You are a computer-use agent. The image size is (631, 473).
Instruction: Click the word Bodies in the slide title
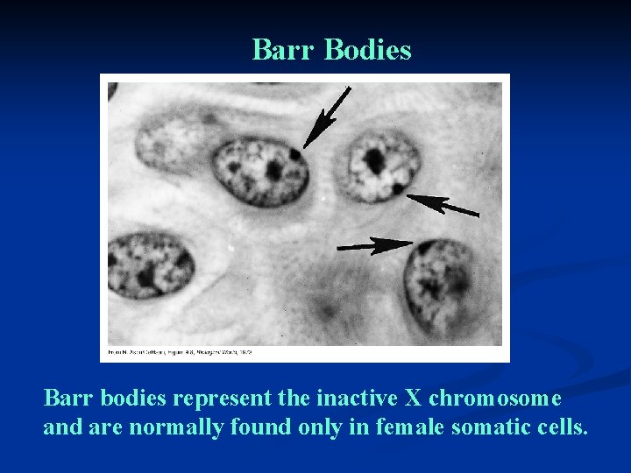coord(367,51)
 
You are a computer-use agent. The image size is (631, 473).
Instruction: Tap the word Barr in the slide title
coord(284,51)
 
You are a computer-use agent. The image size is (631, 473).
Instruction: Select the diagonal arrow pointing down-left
coord(327,116)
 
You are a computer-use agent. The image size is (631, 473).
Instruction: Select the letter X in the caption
coord(413,399)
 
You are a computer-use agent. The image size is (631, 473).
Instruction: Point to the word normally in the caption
coord(174,428)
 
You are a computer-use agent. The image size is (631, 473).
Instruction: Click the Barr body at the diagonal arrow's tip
coord(295,154)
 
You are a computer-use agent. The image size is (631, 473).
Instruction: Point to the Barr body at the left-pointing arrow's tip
coord(399,188)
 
